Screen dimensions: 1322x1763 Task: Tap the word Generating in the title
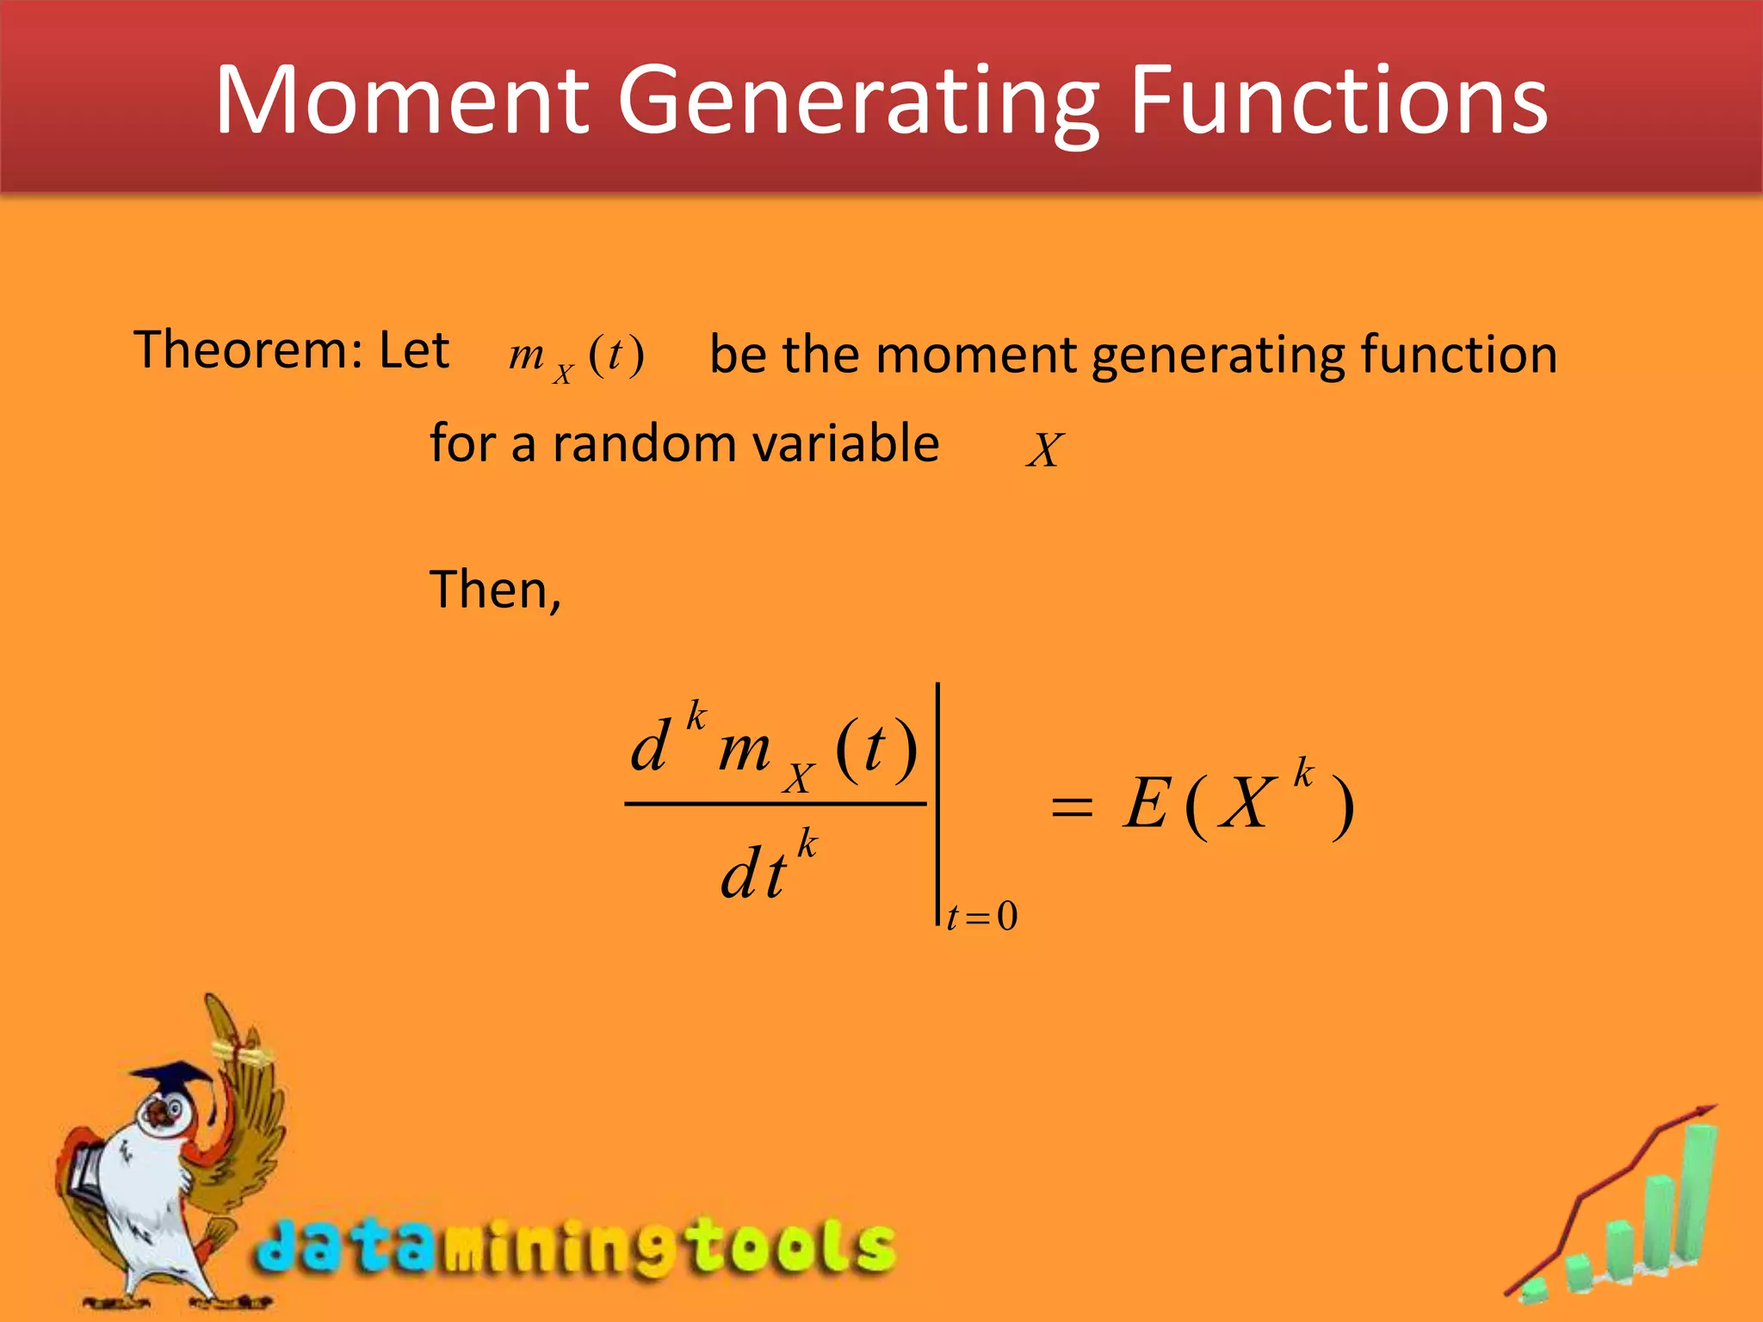click(x=857, y=102)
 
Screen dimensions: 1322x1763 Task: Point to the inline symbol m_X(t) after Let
click(x=576, y=357)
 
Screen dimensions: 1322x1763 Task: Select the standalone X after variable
click(x=1045, y=449)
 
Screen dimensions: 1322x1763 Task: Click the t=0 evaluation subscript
click(x=981, y=917)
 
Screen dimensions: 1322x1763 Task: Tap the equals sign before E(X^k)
click(x=1072, y=807)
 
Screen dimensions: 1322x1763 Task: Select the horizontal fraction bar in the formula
click(x=775, y=805)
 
